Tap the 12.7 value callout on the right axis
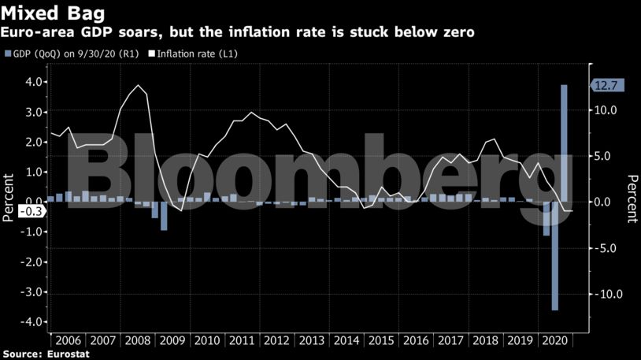pyautogui.click(x=606, y=85)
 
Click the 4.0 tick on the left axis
pyautogui.click(x=33, y=81)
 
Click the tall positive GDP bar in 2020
pyautogui.click(x=564, y=142)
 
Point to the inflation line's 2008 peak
pyautogui.click(x=139, y=85)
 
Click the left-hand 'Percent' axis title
pyautogui.click(x=9, y=199)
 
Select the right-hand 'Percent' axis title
pyautogui.click(x=632, y=199)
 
